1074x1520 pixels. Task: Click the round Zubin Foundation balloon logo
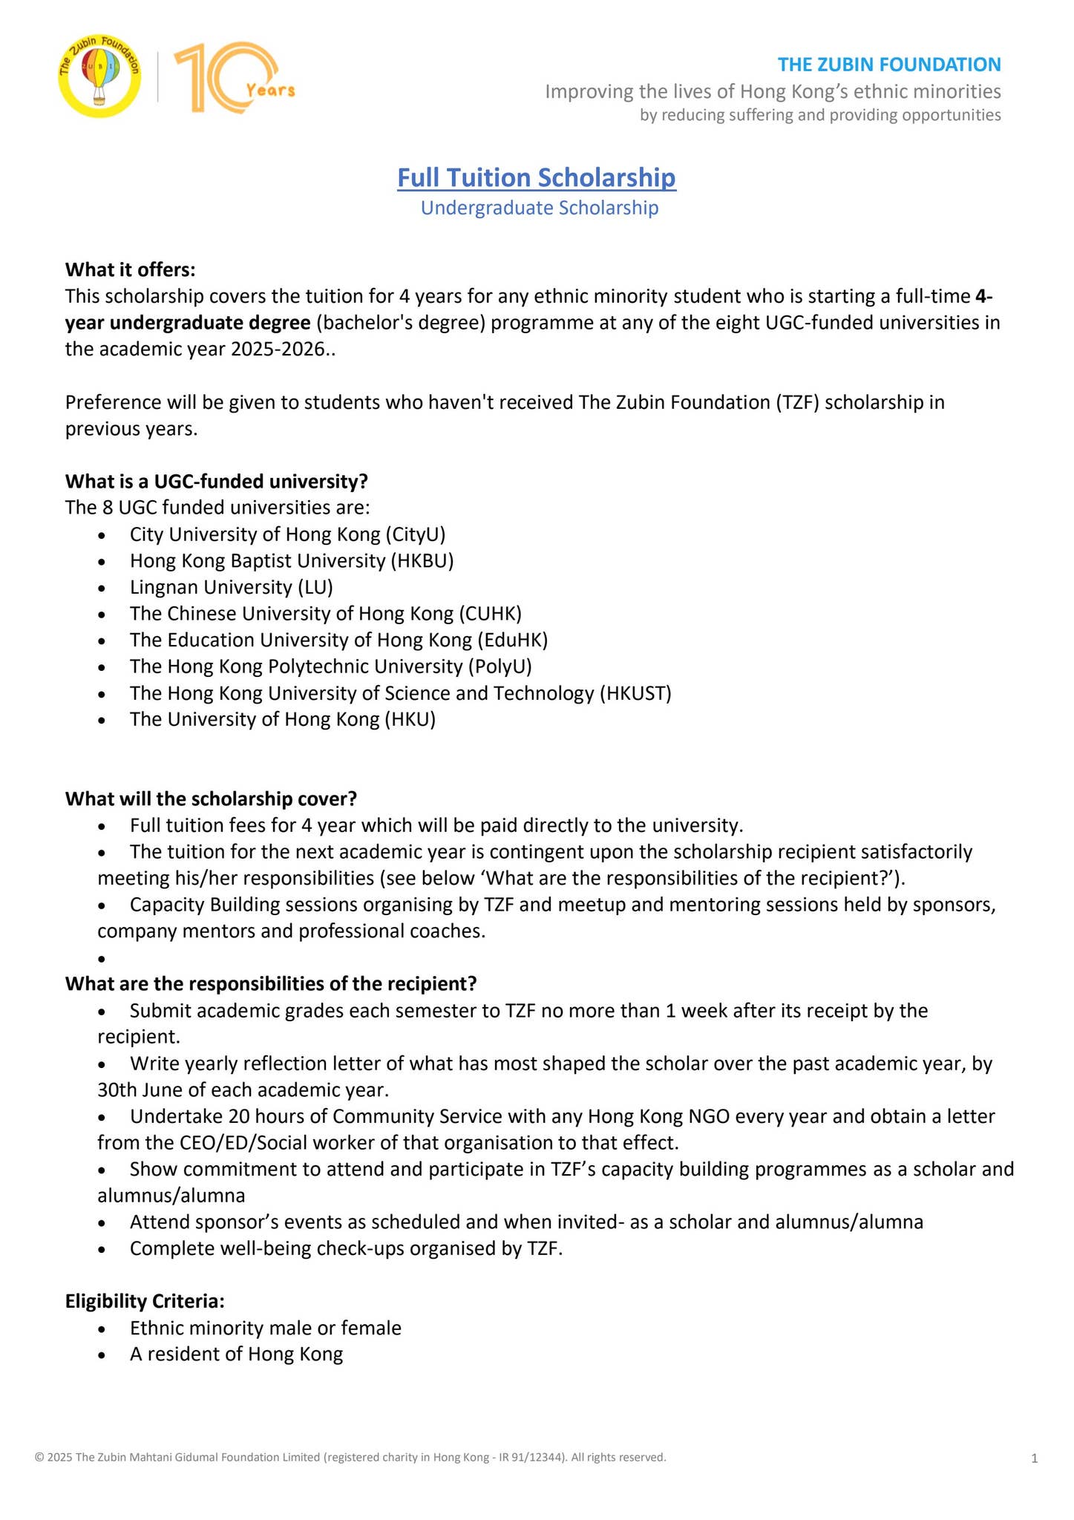[x=99, y=79]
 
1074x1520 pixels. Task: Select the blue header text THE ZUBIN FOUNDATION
[x=889, y=65]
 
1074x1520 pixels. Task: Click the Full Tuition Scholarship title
[x=537, y=178]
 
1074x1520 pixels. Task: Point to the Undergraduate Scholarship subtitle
[x=540, y=208]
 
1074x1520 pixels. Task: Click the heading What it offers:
[x=131, y=269]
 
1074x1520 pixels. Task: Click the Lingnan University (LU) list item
[x=231, y=587]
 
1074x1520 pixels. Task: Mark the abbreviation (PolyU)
[x=500, y=666]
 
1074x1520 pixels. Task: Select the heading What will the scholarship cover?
[x=212, y=799]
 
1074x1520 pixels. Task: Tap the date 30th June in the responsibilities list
[x=139, y=1090]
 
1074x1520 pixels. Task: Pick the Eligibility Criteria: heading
[x=145, y=1301]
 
